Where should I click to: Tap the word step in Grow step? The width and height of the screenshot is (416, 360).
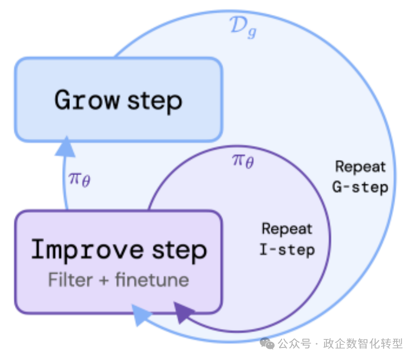click(x=155, y=101)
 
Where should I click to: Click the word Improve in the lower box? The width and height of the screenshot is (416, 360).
click(x=85, y=249)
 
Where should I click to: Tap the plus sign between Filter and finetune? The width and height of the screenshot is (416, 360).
click(x=103, y=280)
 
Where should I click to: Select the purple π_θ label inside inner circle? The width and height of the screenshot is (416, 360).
click(x=242, y=160)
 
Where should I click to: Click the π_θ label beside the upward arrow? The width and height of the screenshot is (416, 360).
click(x=79, y=178)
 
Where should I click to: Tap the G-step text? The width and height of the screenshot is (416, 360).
click(x=360, y=187)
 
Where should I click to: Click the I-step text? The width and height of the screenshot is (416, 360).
click(x=287, y=249)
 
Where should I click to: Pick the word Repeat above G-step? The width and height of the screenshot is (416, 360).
click(x=360, y=166)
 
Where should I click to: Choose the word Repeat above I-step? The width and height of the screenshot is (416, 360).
click(x=287, y=229)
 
